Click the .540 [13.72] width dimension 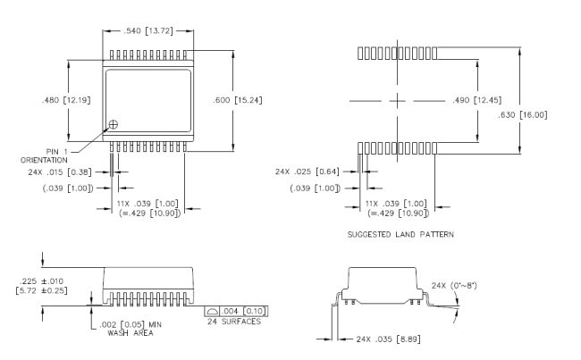(x=148, y=30)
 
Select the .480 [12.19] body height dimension (x=66, y=100)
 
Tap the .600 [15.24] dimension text (x=238, y=100)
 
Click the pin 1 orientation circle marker (x=114, y=124)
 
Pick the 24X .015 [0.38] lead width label (x=60, y=172)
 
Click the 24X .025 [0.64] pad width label (x=307, y=172)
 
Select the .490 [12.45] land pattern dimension (x=477, y=100)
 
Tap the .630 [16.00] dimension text (x=523, y=115)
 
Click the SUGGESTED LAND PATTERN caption (x=400, y=234)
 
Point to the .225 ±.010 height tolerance (x=41, y=281)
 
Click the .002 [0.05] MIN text (x=131, y=325)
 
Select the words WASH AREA (x=131, y=333)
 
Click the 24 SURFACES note (x=234, y=322)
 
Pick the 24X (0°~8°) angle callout (x=454, y=286)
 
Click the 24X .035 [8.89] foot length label (x=388, y=339)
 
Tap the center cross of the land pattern (x=397, y=101)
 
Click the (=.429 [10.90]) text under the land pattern (x=399, y=213)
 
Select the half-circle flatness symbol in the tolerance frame (x=212, y=311)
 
